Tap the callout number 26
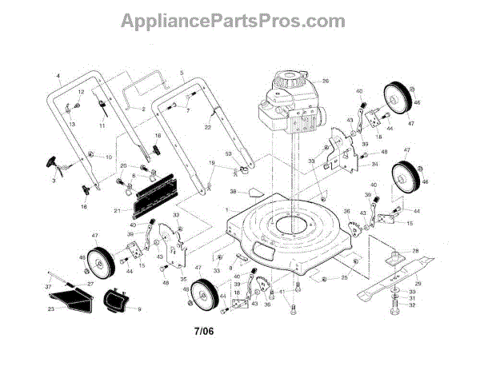point(326,82)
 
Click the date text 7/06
point(206,329)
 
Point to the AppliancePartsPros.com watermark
point(239,20)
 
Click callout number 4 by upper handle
point(58,76)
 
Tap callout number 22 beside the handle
point(207,126)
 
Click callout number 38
point(234,191)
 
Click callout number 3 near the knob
point(54,182)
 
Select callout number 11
point(102,126)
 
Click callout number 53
point(229,153)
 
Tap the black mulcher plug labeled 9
point(117,304)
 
